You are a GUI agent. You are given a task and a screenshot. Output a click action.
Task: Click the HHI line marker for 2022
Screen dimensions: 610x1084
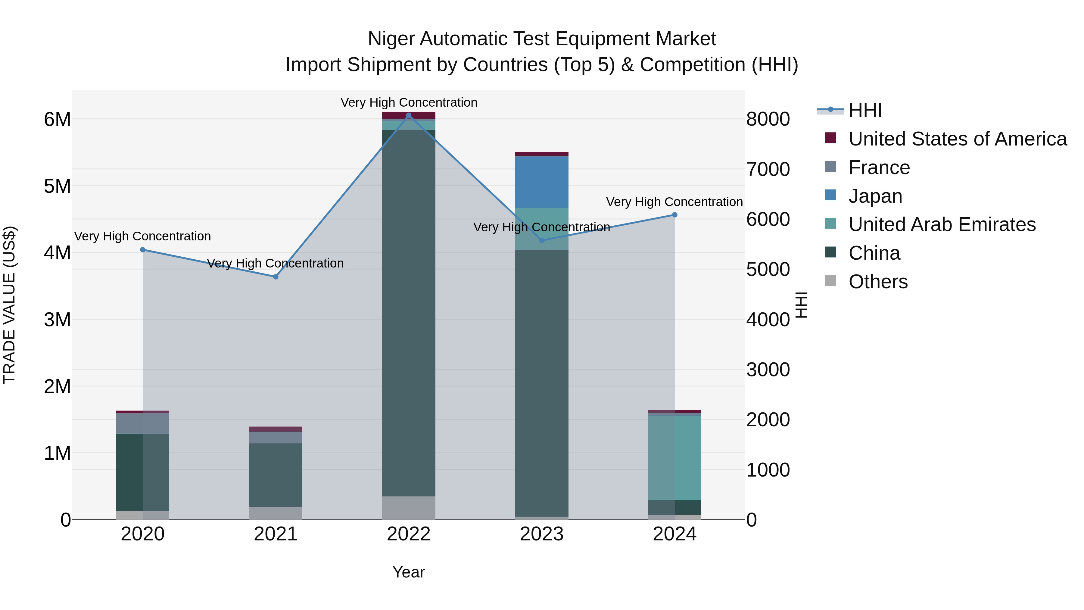coord(409,115)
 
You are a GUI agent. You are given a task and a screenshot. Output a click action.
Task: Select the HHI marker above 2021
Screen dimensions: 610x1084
coord(276,277)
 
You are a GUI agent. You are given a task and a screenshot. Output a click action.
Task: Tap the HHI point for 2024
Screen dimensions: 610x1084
coord(674,215)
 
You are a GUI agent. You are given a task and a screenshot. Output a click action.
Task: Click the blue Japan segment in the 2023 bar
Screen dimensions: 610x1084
coord(542,182)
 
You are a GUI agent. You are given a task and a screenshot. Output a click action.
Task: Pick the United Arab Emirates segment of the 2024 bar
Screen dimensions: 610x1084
coord(674,458)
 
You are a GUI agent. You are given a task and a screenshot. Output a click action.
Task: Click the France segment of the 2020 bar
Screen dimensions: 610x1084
coord(143,423)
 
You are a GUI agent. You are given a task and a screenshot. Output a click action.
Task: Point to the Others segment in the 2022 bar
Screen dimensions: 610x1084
coord(409,508)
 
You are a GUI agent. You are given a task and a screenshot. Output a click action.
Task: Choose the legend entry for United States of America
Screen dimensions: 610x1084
coord(957,139)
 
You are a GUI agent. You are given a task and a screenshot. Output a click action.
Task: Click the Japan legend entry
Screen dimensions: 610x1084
coord(875,196)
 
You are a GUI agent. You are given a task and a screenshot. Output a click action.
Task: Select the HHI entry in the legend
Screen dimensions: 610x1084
coord(865,110)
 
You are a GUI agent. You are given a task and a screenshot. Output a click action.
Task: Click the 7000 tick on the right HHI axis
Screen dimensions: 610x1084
coord(768,169)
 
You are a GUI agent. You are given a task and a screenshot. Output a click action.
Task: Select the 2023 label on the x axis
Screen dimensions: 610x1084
coord(542,534)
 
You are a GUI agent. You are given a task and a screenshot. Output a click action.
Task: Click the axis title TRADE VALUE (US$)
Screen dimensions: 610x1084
coord(9,305)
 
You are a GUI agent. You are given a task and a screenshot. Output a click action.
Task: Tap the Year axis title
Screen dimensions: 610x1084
coord(409,572)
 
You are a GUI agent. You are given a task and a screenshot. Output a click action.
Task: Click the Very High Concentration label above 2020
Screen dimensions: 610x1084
coord(143,236)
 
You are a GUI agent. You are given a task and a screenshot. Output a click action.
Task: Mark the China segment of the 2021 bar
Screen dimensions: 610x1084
coord(276,475)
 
